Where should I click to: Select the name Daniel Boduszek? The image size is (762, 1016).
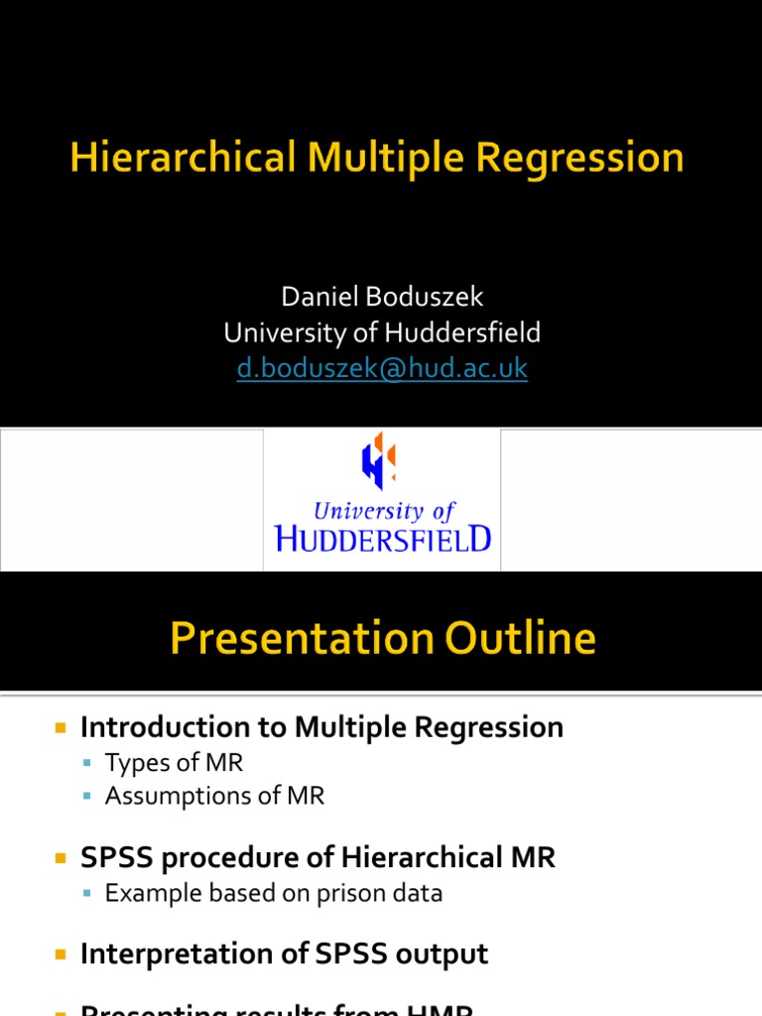[x=382, y=297]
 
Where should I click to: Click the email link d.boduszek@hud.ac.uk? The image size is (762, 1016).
[x=382, y=368]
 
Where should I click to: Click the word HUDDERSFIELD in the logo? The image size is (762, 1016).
[x=382, y=539]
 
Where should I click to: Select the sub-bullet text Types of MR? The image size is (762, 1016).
[x=174, y=763]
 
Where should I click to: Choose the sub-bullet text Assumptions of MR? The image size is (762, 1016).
[x=214, y=796]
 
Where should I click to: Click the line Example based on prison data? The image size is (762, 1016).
[x=274, y=893]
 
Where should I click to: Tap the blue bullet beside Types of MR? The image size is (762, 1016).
[x=88, y=764]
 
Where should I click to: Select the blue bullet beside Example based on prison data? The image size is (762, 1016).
[x=88, y=894]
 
